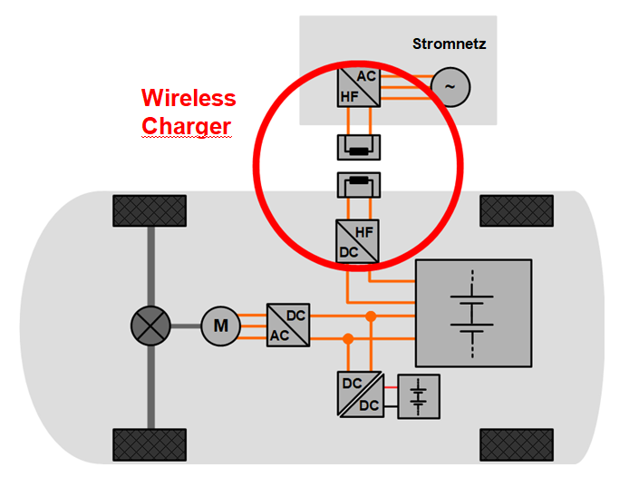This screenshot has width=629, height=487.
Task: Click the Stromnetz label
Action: click(x=449, y=44)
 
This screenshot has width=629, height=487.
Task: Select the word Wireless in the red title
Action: click(x=189, y=98)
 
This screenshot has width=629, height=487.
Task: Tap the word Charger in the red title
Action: click(x=186, y=126)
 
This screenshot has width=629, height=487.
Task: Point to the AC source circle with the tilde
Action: click(x=449, y=86)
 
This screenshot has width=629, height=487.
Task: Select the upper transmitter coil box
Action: click(x=359, y=147)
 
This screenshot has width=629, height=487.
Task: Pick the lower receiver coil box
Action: click(x=359, y=186)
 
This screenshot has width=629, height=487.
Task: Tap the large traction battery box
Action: click(x=472, y=313)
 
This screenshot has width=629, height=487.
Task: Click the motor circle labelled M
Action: click(x=220, y=325)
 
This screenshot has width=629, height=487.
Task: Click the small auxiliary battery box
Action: click(x=418, y=396)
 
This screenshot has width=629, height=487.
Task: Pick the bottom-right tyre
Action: click(x=516, y=445)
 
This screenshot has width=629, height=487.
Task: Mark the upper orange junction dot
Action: click(x=371, y=316)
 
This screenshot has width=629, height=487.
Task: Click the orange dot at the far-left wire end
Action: click(x=347, y=338)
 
